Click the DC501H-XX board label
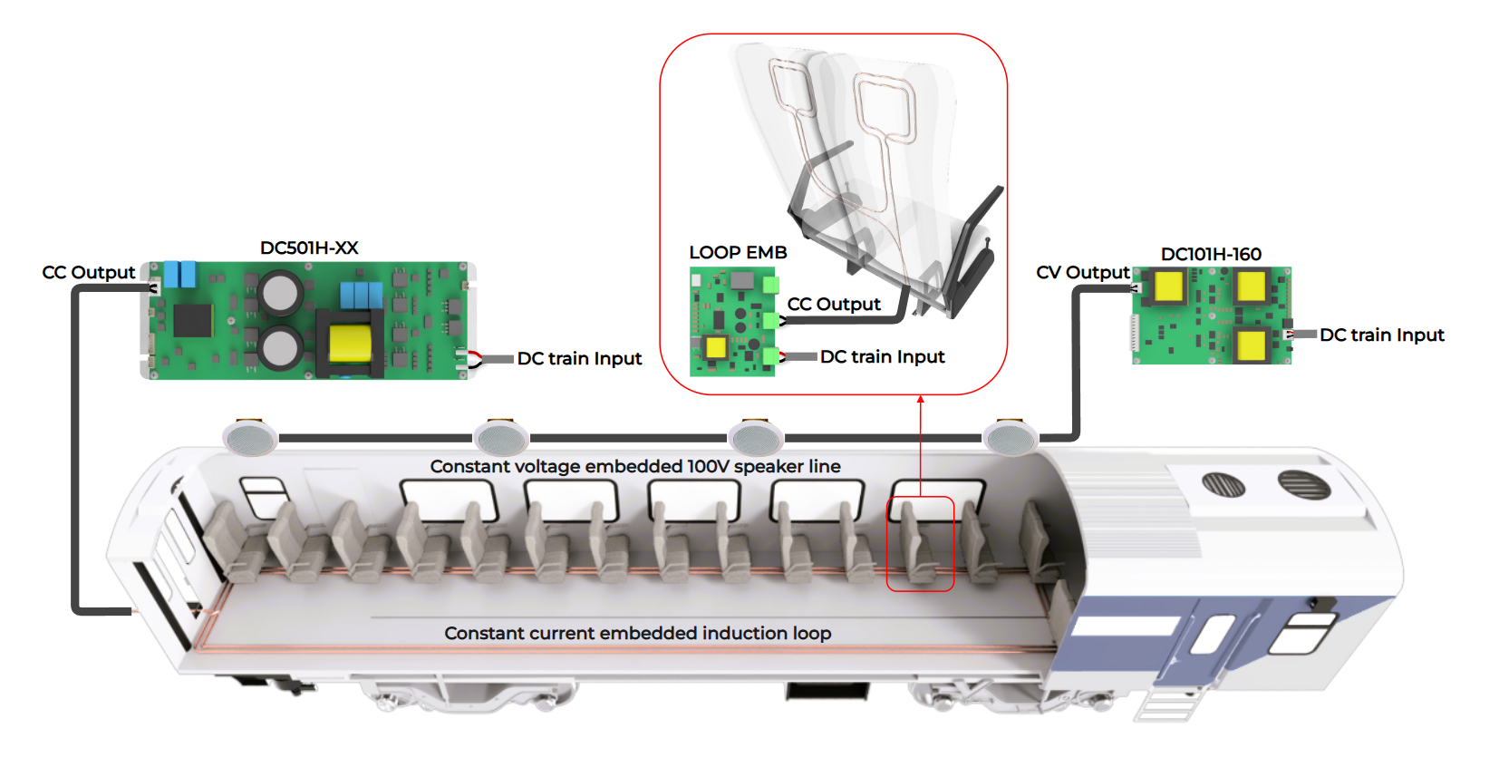click(x=309, y=248)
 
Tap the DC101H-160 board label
click(x=1211, y=254)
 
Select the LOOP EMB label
click(x=738, y=252)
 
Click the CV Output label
click(x=1082, y=272)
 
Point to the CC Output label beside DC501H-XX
click(x=89, y=272)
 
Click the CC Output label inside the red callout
click(x=834, y=304)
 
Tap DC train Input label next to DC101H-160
click(x=1381, y=335)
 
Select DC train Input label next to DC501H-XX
click(x=579, y=358)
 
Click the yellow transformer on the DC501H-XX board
click(x=350, y=344)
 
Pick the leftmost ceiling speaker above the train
click(x=249, y=439)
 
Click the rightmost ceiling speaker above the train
click(x=1011, y=440)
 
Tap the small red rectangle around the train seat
click(x=920, y=544)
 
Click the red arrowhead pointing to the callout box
click(x=920, y=400)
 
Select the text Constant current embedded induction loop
click(x=637, y=633)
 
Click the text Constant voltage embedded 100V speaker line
click(x=635, y=466)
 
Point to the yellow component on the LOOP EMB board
click(x=716, y=347)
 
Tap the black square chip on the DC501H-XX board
click(x=193, y=320)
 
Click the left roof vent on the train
click(x=1223, y=484)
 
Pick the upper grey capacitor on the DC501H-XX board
click(x=280, y=292)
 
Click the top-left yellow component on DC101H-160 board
click(x=1168, y=287)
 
